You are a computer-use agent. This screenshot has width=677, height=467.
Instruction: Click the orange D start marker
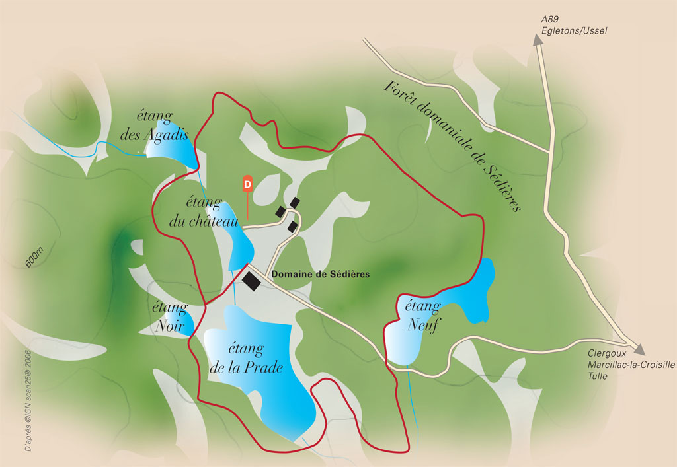tap(247, 183)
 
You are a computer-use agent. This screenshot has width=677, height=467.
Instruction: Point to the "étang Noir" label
tap(170, 316)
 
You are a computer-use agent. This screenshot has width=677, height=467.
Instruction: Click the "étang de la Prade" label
tap(246, 358)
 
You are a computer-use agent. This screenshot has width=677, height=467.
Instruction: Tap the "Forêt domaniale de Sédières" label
tap(454, 146)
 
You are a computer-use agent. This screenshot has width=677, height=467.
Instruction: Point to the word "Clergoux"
tap(605, 353)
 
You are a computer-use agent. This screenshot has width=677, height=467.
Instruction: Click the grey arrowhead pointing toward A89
tap(538, 40)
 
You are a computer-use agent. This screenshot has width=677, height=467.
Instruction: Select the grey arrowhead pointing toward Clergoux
tap(639, 349)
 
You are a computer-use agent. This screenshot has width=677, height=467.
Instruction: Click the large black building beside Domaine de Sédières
tap(252, 281)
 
